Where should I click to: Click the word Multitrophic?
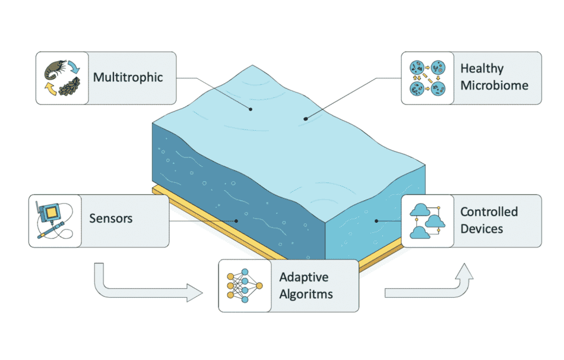pyautogui.click(x=128, y=78)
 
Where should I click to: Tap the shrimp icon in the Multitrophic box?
pyautogui.click(x=55, y=71)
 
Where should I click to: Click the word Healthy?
pyautogui.click(x=482, y=70)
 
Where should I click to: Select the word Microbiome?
pyautogui.click(x=494, y=86)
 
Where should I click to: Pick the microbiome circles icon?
pyautogui.click(x=427, y=78)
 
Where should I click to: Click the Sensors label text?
pyautogui.click(x=110, y=218)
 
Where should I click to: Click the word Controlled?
pyautogui.click(x=489, y=212)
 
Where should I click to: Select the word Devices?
pyautogui.click(x=481, y=228)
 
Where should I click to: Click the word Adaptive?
pyautogui.click(x=304, y=277)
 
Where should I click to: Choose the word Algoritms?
pyautogui.click(x=306, y=293)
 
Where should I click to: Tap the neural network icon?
pyautogui.click(x=245, y=286)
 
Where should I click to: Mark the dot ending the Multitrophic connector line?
pyautogui.click(x=251, y=109)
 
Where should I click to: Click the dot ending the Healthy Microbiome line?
pyautogui.click(x=306, y=119)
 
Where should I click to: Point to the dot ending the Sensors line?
pyautogui.click(x=236, y=221)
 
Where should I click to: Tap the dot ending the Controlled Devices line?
pyautogui.click(x=376, y=220)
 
